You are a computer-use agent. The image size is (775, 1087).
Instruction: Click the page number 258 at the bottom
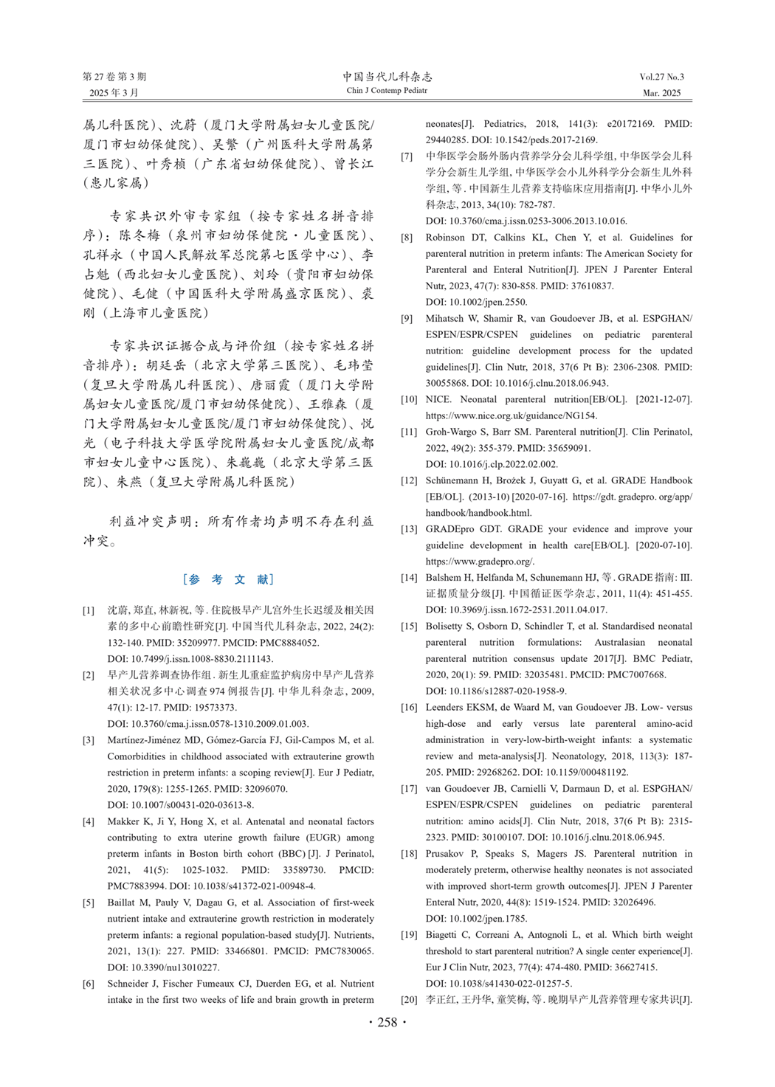tap(387, 1022)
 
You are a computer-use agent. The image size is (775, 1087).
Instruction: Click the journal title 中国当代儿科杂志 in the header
tap(387, 77)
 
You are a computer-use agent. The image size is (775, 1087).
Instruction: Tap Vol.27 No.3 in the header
tap(661, 77)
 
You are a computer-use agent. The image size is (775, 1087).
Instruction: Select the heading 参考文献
tap(228, 579)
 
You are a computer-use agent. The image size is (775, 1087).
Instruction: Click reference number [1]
tap(89, 610)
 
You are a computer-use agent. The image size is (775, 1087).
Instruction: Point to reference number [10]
tap(408, 399)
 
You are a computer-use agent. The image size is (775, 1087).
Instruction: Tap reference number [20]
tap(408, 1000)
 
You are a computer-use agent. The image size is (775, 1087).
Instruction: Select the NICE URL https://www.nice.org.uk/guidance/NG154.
tap(512, 415)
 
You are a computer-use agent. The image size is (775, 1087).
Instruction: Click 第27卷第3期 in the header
tap(114, 77)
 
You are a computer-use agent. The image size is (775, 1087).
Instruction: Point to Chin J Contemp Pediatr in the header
tap(387, 91)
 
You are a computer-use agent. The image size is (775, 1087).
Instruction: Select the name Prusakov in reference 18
tap(445, 854)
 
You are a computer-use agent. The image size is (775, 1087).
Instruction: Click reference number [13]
tap(408, 529)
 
